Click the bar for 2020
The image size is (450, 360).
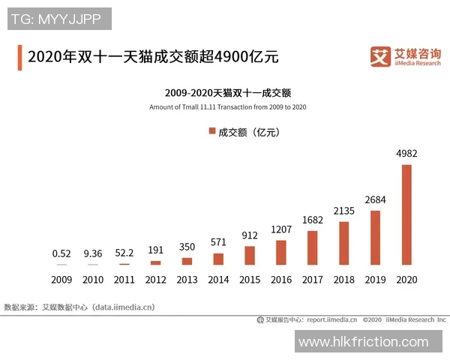click(x=406, y=214)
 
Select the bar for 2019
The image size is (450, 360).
click(x=375, y=238)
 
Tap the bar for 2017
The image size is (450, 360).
click(x=312, y=247)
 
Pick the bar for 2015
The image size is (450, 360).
click(x=250, y=256)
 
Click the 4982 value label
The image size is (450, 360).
click(x=406, y=154)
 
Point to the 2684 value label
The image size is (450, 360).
click(x=375, y=199)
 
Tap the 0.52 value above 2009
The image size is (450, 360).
click(x=61, y=253)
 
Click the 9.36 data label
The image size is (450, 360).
click(x=93, y=253)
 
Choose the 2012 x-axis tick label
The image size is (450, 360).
click(x=155, y=280)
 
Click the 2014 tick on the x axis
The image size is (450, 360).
click(x=218, y=280)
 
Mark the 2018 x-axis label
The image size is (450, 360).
click(x=343, y=280)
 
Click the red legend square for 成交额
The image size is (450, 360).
click(x=210, y=131)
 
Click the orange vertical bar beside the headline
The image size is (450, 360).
click(x=19, y=57)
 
